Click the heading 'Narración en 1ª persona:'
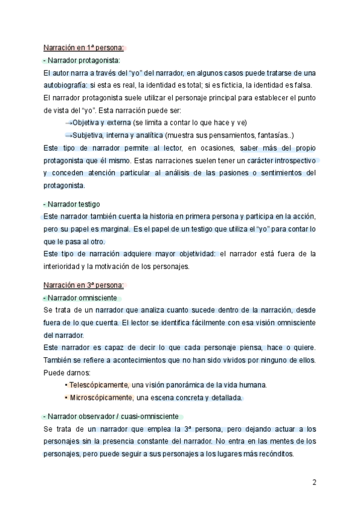click(83, 48)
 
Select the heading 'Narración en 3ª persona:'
click(83, 285)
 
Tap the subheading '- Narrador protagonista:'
click(82, 61)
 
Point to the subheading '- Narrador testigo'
click(71, 204)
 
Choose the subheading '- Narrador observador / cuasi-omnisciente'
click(113, 417)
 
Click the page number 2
click(314, 482)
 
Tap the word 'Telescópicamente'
click(99, 385)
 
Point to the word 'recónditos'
click(274, 454)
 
